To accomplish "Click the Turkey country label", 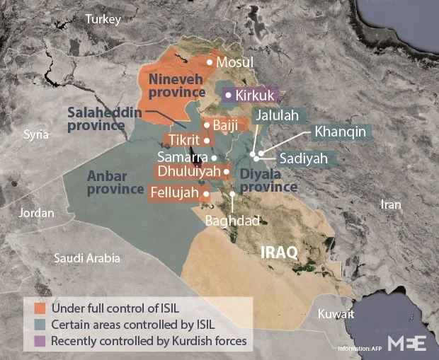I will (x=104, y=20).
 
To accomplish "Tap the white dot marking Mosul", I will (x=210, y=62).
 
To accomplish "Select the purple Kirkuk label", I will (x=251, y=95).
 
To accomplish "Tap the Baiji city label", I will (x=224, y=125).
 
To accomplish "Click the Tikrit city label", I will (x=186, y=139).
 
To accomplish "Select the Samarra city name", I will (x=183, y=157).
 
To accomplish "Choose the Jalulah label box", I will (x=278, y=115).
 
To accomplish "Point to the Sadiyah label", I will (x=303, y=158).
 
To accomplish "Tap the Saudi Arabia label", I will (x=87, y=258).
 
